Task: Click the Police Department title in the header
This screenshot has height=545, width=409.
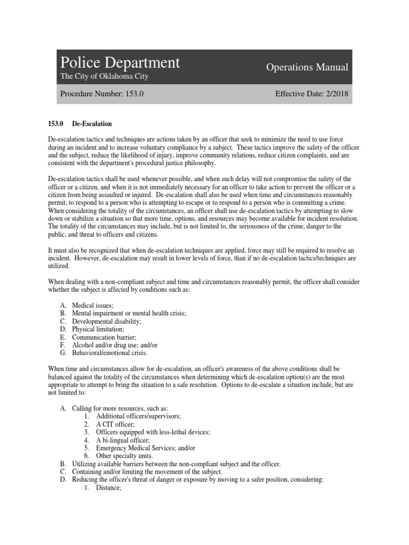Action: [120, 63]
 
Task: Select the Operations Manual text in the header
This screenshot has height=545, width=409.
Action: [307, 67]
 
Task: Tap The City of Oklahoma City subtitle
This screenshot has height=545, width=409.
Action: [104, 77]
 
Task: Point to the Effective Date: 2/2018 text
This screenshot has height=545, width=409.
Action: [312, 94]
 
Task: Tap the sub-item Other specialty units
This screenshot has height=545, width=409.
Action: [124, 456]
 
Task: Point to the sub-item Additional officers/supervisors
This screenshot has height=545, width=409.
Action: [138, 416]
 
